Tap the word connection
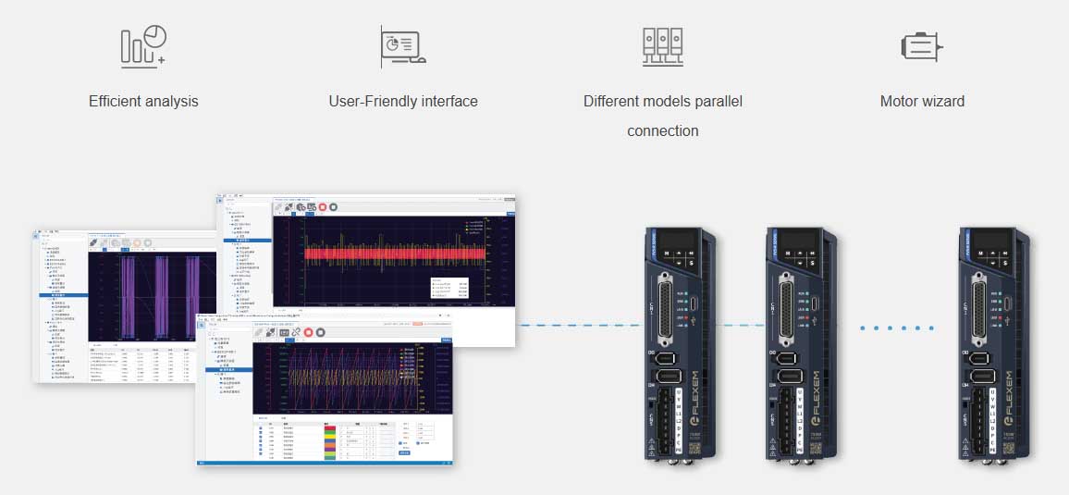point(662,130)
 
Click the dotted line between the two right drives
point(896,328)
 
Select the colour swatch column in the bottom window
point(330,440)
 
